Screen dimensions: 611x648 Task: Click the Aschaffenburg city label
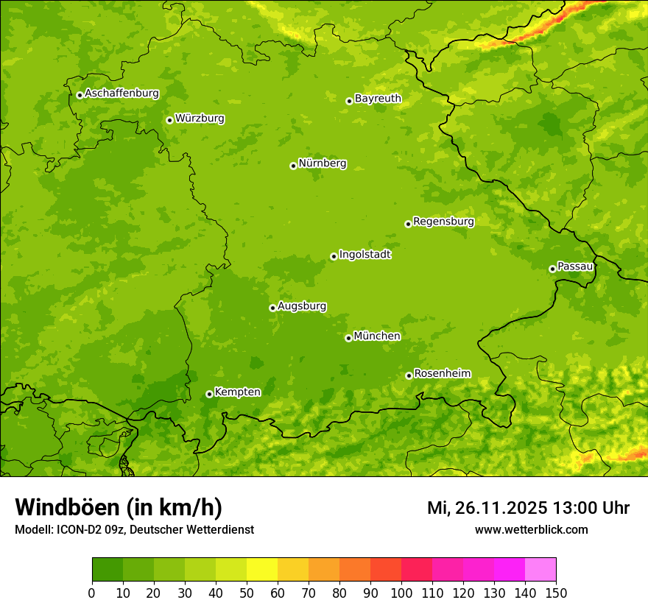[121, 93]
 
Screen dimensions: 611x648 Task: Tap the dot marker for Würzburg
[169, 120]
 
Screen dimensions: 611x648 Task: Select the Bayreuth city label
[378, 99]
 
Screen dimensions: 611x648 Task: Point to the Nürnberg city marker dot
[293, 166]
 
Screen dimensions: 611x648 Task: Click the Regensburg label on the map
[443, 222]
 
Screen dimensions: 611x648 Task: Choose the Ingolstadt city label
[364, 255]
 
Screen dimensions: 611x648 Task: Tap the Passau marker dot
[552, 269]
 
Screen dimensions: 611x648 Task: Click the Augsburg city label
[302, 306]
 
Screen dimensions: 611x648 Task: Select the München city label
[377, 336]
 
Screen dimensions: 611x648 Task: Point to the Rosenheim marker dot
[409, 375]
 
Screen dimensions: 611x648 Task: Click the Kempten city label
[237, 392]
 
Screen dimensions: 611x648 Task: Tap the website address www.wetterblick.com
[531, 530]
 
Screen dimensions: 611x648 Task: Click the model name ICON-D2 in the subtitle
[76, 530]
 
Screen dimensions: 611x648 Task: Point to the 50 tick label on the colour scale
[247, 593]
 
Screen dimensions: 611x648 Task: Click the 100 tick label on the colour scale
[401, 593]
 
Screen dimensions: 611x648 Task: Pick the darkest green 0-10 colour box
[108, 570]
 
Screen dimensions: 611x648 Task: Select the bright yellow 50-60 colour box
[262, 570]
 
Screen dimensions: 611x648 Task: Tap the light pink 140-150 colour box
[540, 570]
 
